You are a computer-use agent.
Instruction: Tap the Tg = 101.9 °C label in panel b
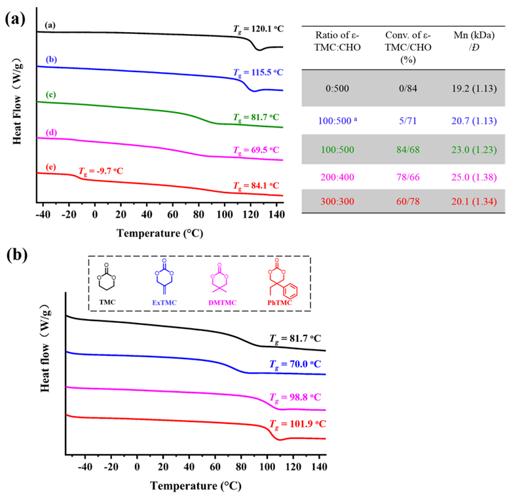(297, 423)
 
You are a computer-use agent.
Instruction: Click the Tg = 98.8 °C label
(297, 398)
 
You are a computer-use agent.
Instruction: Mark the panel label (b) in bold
(16, 255)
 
